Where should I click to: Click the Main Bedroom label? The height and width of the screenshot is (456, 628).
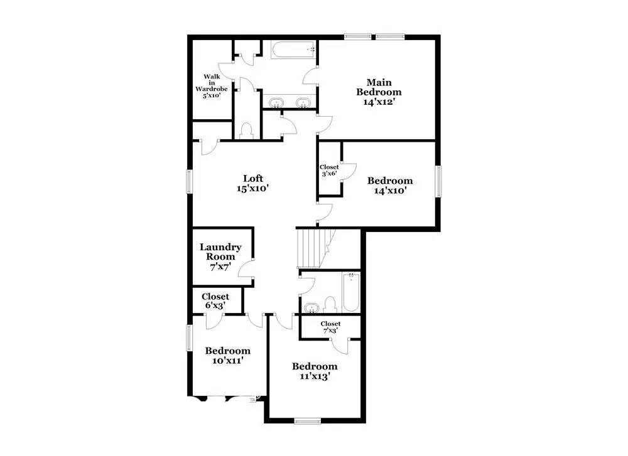pos(379,92)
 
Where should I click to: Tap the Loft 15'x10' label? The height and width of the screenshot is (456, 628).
pos(253,183)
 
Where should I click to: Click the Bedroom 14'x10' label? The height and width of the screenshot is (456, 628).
pos(390,186)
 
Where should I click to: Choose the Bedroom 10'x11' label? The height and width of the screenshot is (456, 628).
pos(227,355)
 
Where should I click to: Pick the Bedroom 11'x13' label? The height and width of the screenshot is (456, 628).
pos(315,371)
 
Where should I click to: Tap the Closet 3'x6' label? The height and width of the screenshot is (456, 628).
pos(329,170)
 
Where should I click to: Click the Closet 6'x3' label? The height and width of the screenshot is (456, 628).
pos(215,300)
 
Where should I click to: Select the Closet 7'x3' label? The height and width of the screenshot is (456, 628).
pos(330,327)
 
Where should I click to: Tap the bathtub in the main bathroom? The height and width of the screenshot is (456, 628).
pos(293,50)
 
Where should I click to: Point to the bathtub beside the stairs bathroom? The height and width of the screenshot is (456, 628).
pos(350,292)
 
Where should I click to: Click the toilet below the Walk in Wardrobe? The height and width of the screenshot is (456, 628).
pos(246,130)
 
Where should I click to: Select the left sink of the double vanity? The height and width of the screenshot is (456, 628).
pos(275,102)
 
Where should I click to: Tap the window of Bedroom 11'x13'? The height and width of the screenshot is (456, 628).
pos(308,421)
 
